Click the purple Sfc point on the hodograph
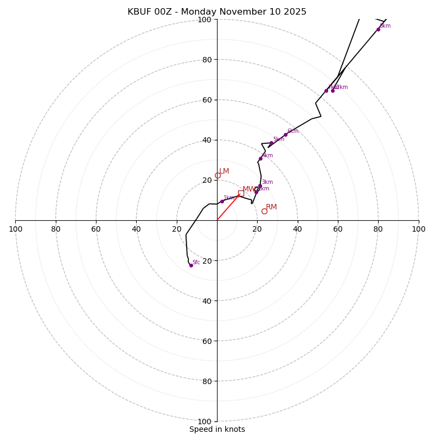[191, 265]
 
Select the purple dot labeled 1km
[222, 201]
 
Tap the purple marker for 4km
[260, 158]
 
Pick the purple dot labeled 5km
[271, 143]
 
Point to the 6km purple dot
[285, 135]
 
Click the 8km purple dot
[378, 29]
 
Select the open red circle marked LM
[218, 175]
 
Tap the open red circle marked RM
[264, 211]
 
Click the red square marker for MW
[241, 193]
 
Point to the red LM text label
[224, 171]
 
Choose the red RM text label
[271, 207]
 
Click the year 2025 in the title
[295, 12]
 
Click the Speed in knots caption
[217, 429]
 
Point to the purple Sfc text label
[196, 263]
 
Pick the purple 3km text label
[267, 182]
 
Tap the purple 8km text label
[385, 26]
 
